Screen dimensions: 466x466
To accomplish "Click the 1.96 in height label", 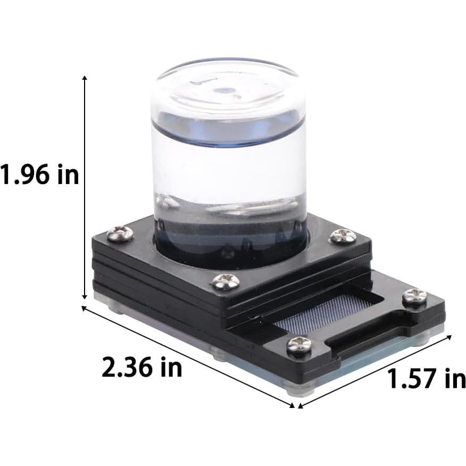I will coord(39,175).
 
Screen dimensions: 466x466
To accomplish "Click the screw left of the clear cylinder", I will coord(120,234).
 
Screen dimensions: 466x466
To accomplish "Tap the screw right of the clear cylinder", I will coord(343,236).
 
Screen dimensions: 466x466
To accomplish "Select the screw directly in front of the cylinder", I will coord(226,281).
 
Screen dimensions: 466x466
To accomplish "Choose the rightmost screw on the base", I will coord(414,297).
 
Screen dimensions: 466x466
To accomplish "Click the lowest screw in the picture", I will coord(299,345).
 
